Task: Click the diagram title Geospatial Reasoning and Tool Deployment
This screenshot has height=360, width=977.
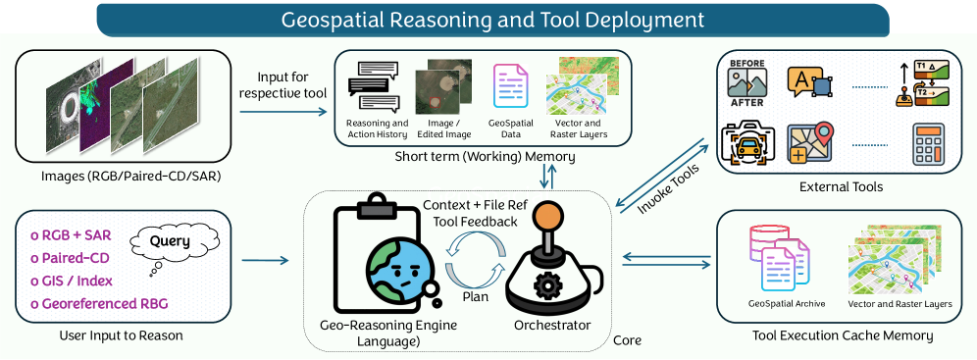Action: [492, 20]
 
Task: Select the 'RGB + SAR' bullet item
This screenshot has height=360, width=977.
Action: [71, 234]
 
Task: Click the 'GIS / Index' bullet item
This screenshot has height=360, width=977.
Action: [72, 281]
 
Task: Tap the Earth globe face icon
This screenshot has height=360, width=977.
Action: [400, 269]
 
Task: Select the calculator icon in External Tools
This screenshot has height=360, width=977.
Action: [928, 144]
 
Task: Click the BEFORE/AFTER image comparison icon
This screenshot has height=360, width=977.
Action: [747, 82]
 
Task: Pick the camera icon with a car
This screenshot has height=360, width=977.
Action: [747, 144]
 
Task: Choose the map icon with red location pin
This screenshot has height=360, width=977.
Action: [810, 144]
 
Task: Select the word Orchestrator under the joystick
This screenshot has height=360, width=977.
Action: [552, 325]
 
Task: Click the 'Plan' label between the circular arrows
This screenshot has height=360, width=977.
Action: [475, 296]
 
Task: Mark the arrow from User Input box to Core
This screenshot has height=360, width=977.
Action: [265, 260]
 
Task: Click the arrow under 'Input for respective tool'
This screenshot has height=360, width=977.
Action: [283, 112]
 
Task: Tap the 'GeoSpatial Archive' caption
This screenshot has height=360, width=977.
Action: [787, 304]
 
